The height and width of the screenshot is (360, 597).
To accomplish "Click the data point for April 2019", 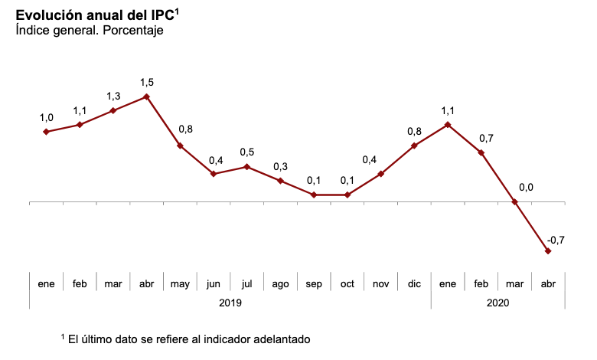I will pyautogui.click(x=146, y=97).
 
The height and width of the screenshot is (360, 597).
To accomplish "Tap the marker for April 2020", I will pyautogui.click(x=548, y=250).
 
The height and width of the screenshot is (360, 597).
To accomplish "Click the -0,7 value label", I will pyautogui.click(x=556, y=240).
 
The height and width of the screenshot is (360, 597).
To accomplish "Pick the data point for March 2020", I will pyautogui.click(x=514, y=202).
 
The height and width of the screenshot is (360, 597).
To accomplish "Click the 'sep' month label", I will pyautogui.click(x=314, y=284).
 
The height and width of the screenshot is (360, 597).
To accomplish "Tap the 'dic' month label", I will pyautogui.click(x=414, y=284).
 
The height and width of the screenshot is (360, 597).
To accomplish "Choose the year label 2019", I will pyautogui.click(x=230, y=303).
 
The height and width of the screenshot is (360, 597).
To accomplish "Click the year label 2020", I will pyautogui.click(x=497, y=303).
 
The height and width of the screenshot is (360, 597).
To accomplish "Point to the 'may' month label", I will pyautogui.click(x=180, y=284).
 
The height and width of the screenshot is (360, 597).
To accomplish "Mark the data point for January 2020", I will pyautogui.click(x=448, y=124).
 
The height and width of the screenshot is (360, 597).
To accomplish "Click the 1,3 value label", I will pyautogui.click(x=113, y=96).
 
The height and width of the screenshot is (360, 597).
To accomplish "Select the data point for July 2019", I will pyautogui.click(x=246, y=166).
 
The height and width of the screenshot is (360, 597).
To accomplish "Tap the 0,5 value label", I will pyautogui.click(x=247, y=152).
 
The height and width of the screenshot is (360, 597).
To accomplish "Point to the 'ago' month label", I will pyautogui.click(x=280, y=284).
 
